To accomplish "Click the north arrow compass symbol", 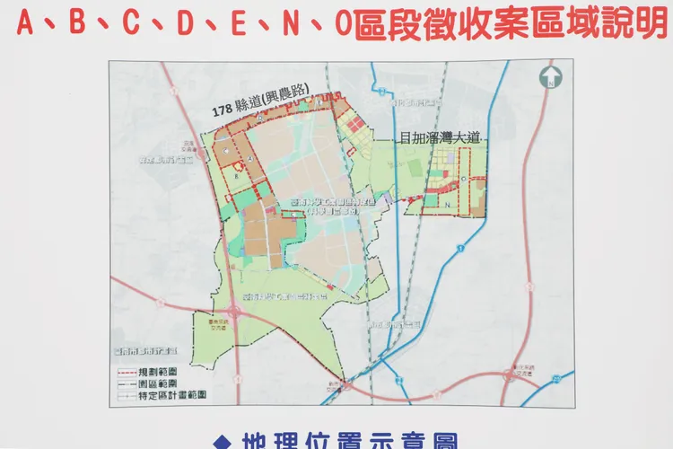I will coord(549,78).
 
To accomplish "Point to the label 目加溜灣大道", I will coord(441,138).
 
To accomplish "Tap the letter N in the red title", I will coord(289,25).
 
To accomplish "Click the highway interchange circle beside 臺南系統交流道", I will coord(234,311).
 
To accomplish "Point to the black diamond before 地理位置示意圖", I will coord(221,441).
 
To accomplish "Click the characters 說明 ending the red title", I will coord(628,25).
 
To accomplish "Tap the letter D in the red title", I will coord(186,25).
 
